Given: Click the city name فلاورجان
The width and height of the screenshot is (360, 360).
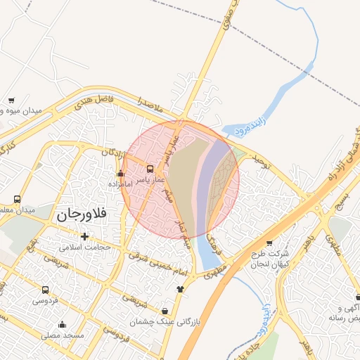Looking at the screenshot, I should tap(82, 214).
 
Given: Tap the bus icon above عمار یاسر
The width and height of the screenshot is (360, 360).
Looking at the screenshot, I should tap(149, 169).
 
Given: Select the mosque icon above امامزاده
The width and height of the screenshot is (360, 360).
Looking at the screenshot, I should tap(120, 174).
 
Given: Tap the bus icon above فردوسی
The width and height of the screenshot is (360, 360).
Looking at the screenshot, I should tap(46, 290).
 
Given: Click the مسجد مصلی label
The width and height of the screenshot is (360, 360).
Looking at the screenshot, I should tap(62, 335).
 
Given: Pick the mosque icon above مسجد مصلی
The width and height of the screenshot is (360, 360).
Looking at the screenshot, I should tap(62, 325).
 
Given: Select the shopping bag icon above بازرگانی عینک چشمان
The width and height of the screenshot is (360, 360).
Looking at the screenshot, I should tap(165, 311).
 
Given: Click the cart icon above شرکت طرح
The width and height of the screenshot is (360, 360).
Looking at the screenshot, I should tap(269, 243).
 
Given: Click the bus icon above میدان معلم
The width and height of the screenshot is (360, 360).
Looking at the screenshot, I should tap(17, 199).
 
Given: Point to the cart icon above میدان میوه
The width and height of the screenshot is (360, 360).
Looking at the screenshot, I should tap(12, 101).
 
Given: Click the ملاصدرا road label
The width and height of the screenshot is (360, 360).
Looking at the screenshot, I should tap(150, 107).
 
